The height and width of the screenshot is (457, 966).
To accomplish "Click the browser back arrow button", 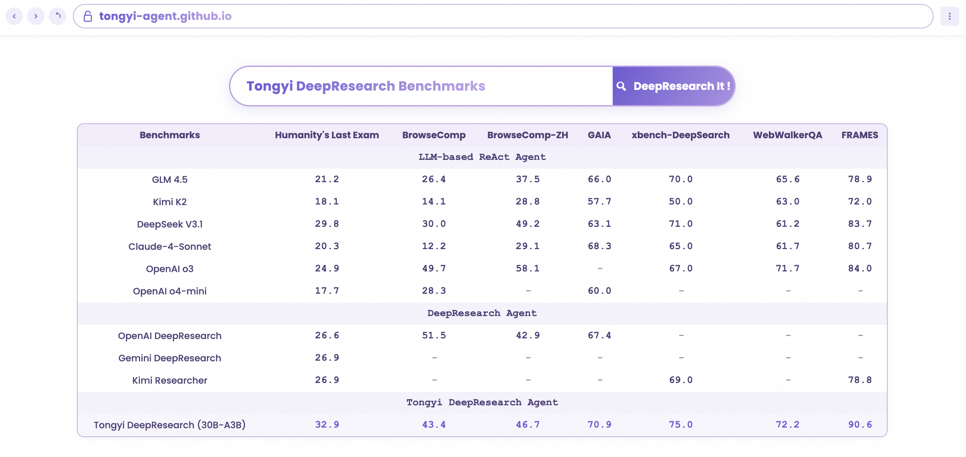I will click(x=14, y=16).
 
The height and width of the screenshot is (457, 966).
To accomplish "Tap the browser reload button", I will click(x=58, y=16).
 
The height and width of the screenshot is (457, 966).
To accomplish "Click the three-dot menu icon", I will click(x=949, y=16).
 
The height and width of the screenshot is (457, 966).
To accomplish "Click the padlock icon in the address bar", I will click(x=88, y=16).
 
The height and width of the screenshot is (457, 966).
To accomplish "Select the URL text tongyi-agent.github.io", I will click(x=165, y=16).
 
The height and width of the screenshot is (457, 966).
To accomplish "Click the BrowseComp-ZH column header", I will click(x=527, y=135).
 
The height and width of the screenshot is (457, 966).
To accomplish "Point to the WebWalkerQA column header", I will click(x=787, y=135).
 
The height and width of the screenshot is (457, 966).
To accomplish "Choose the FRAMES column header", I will click(x=860, y=135).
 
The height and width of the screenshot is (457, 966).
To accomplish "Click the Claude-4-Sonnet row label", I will click(x=170, y=246).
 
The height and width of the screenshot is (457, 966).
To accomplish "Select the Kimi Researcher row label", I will click(x=170, y=381).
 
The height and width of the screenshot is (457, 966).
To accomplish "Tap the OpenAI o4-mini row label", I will click(x=170, y=291).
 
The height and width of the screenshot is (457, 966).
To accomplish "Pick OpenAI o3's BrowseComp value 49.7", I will click(x=434, y=269).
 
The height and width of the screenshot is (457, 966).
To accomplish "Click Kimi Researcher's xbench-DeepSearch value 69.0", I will click(x=681, y=380).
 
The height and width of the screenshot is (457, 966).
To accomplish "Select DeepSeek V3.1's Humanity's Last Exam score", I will click(x=327, y=224).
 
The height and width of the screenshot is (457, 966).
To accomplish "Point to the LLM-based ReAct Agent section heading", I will click(x=482, y=157).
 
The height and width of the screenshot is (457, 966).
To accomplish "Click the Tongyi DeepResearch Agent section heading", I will click(x=482, y=403).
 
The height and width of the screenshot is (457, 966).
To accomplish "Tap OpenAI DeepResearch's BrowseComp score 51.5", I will click(x=434, y=335).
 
